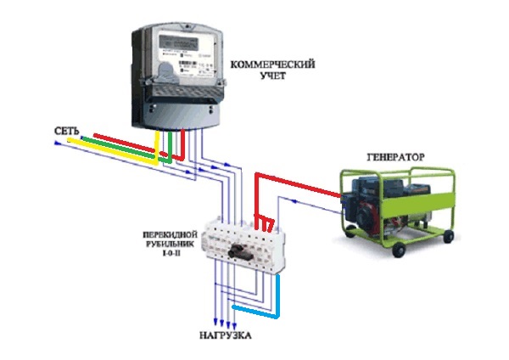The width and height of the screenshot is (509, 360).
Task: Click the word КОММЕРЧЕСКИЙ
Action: pos(272,65)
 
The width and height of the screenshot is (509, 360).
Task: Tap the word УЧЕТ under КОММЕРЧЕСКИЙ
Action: pos(273,76)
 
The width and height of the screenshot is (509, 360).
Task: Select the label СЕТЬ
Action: pos(66,131)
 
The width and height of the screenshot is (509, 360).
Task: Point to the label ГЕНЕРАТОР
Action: pos(395,157)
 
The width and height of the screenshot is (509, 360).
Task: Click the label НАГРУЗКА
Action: pos(225,335)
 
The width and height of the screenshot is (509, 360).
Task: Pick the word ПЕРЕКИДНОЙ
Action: pos(171,234)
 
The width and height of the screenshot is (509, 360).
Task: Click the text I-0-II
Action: pos(171,252)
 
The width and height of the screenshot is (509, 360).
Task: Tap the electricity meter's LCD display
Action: pos(178,42)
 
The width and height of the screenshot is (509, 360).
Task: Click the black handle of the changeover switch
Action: pos(240,252)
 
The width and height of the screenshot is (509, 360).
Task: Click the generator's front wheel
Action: pos(399,250)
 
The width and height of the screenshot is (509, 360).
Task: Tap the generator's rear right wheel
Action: pos(448,235)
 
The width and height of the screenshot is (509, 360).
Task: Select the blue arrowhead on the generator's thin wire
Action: pos(294,201)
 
